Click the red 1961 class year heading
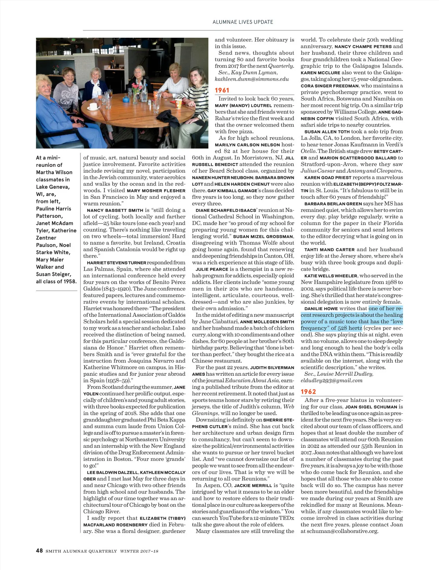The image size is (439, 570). coord(222,90)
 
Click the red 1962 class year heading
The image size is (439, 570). coord(308,391)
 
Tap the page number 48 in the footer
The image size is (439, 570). coord(39,551)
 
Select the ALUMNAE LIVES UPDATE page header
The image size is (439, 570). coord(243,22)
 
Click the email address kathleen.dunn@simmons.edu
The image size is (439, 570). coord(252,79)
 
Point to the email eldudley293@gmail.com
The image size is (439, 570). coord(331,380)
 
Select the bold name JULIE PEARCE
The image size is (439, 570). coord(210,269)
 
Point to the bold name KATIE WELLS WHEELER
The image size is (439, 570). coord(331,276)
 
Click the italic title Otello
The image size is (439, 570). coord(308,151)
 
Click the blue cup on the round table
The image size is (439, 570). coord(126,99)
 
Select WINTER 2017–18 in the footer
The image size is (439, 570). coord(139,551)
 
